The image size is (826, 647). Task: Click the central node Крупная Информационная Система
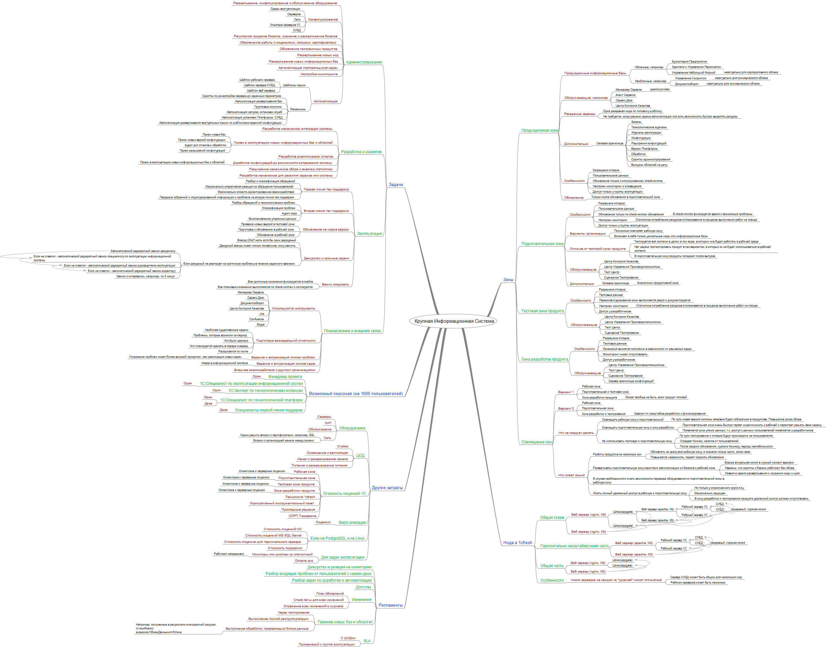click(x=454, y=321)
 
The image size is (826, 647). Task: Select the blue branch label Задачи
click(x=395, y=185)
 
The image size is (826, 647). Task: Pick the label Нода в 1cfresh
click(x=517, y=543)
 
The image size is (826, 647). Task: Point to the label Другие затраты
click(x=387, y=488)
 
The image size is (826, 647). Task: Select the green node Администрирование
click(x=363, y=62)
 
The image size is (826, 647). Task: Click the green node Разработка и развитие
click(x=361, y=152)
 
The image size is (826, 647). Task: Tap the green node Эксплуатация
click(x=369, y=234)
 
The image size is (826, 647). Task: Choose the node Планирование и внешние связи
click(x=352, y=331)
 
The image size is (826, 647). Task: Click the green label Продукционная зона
click(x=539, y=130)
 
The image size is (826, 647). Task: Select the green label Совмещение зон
click(x=536, y=442)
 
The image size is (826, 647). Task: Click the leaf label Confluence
click(x=257, y=319)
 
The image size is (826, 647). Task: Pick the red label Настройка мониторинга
click(x=319, y=74)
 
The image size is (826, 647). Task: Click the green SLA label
click(x=367, y=641)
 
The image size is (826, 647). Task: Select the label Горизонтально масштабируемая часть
click(x=574, y=546)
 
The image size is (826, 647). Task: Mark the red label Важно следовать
click(x=335, y=285)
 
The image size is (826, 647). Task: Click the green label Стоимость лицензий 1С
click(x=344, y=494)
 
